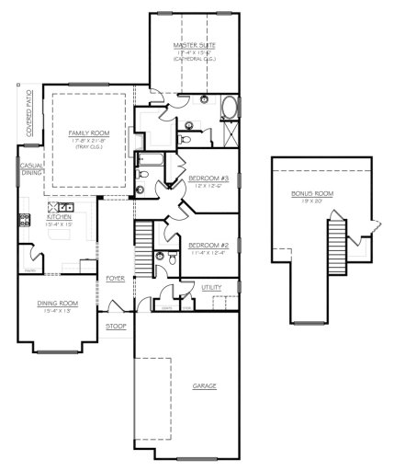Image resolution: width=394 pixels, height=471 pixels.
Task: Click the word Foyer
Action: click(x=115, y=277)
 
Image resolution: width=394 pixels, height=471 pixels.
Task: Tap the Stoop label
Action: click(x=116, y=326)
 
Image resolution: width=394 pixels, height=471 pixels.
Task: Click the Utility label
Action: click(x=210, y=288)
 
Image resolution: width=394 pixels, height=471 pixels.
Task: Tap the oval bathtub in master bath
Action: click(x=229, y=108)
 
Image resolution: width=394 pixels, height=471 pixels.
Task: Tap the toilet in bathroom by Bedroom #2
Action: click(x=160, y=256)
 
